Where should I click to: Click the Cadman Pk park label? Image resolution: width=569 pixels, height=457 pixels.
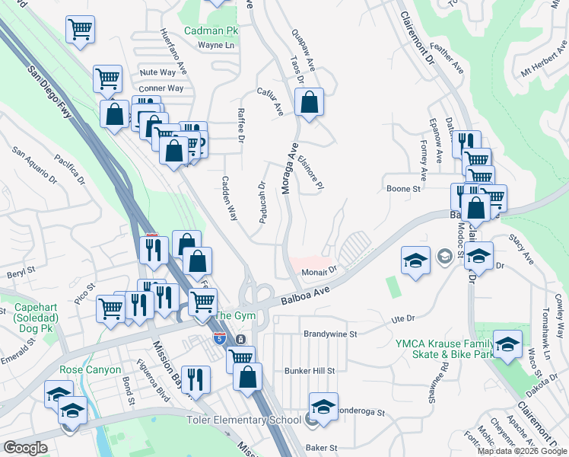click(x=211, y=31)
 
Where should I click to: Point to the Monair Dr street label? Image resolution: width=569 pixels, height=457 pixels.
click(x=319, y=270)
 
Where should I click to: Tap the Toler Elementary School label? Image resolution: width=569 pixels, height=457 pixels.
click(x=245, y=420)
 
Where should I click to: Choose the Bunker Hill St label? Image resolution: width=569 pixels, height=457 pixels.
click(x=310, y=370)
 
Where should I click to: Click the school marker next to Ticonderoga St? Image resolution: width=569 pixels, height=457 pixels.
click(x=323, y=407)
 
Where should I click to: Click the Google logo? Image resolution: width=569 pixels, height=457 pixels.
click(x=26, y=448)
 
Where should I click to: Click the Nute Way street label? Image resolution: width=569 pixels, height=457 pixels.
click(x=157, y=72)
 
